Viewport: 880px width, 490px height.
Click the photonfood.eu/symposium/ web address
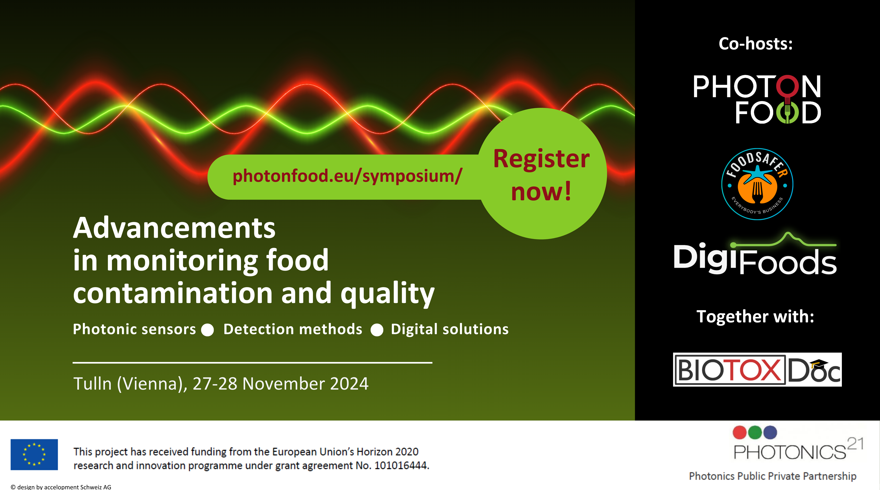coord(347,176)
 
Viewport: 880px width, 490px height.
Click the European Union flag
coord(34,454)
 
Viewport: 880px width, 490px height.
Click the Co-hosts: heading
coord(756,44)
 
